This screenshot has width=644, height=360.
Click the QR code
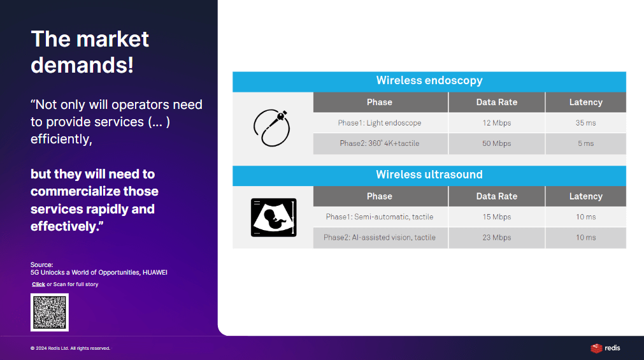[x=49, y=312]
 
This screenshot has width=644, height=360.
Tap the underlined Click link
[x=39, y=284]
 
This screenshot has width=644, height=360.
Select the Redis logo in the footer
[x=605, y=348]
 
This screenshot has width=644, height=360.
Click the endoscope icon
[x=271, y=128]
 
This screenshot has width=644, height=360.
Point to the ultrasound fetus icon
[x=273, y=217]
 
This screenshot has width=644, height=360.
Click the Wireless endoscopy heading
[x=429, y=80]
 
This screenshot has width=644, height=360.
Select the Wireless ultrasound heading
[x=429, y=175]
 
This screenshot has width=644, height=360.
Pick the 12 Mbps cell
[x=497, y=123]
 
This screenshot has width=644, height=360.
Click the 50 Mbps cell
[x=497, y=143]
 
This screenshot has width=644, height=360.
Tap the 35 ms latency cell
[x=585, y=123]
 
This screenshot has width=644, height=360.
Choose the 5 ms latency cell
[x=585, y=143]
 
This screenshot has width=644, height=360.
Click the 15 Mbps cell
[x=497, y=217]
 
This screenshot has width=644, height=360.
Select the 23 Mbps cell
[x=497, y=238]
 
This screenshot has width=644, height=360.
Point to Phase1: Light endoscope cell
[x=380, y=123]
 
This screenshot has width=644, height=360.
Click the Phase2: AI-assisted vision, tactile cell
[x=380, y=238]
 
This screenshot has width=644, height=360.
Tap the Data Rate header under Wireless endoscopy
[x=497, y=103]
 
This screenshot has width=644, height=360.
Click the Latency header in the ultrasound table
[x=585, y=196]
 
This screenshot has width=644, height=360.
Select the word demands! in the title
[x=82, y=65]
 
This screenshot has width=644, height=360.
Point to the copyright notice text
[x=70, y=349]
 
